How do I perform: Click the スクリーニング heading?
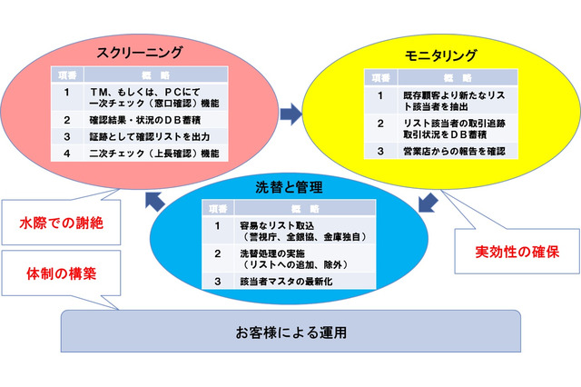(x=144, y=51)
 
